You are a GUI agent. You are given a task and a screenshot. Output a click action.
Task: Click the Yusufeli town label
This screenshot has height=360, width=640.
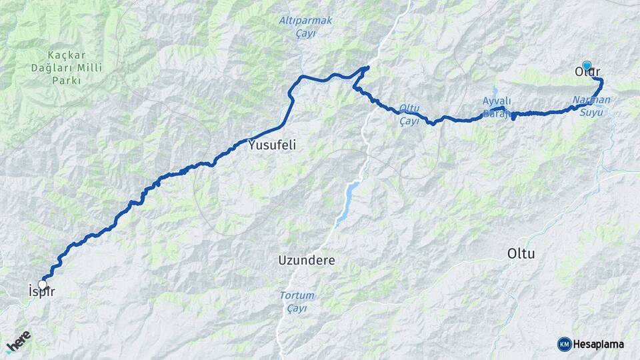coord(271,144)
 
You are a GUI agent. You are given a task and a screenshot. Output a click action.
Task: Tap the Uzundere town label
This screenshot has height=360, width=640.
coord(306,260)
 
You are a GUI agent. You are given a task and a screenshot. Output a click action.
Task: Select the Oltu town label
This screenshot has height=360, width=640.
coord(521,254)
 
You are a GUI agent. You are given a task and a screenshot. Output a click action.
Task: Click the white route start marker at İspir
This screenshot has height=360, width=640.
coord(43,285)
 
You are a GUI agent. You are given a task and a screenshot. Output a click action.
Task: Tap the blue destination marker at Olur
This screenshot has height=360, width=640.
coord(587,65)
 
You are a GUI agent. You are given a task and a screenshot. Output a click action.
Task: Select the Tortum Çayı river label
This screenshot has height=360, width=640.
coord(297,301)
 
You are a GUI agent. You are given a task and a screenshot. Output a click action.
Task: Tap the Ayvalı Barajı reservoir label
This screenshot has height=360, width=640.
coord(497,107)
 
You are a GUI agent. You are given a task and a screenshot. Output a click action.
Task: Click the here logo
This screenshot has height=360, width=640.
coord(18,341)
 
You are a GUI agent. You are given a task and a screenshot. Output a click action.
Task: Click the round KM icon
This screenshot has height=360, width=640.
coord(564,344)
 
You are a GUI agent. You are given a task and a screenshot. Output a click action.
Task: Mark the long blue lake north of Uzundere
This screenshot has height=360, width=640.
coord(347,202)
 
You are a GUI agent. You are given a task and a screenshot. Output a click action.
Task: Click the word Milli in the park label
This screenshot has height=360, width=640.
coord(81,67)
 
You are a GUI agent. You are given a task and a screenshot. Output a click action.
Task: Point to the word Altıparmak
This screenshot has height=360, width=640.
coord(305,21)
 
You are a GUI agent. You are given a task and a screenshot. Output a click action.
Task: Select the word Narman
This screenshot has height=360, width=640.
coord(591,100)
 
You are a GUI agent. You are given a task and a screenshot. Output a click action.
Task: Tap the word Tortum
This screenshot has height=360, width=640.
coord(297,295)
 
